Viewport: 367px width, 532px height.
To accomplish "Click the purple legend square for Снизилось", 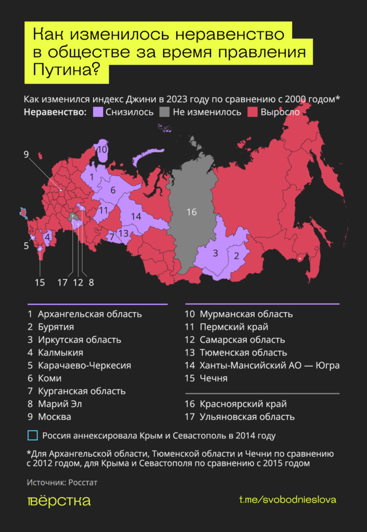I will click(x=97, y=112).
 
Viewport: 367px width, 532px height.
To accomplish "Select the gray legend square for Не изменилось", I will click(x=165, y=112).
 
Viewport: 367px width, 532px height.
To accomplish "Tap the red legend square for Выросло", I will click(x=253, y=112).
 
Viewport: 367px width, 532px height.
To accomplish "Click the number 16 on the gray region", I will click(x=191, y=212).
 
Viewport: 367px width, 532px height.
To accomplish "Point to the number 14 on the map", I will click(x=136, y=216).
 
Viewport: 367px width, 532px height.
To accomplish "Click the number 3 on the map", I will click(x=215, y=254).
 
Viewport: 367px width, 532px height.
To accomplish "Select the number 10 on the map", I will click(x=102, y=150).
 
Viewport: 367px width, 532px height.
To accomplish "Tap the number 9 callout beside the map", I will click(x=27, y=154).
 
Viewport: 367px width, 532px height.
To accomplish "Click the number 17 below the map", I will click(x=62, y=283).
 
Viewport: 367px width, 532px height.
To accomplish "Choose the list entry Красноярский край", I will click(x=242, y=404).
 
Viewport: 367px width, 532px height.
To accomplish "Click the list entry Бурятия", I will click(x=56, y=327).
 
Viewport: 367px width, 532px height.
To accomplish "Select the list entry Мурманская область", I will click(x=245, y=314).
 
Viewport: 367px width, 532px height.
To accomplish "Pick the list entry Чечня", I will click(x=213, y=378).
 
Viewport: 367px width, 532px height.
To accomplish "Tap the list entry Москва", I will click(x=55, y=417).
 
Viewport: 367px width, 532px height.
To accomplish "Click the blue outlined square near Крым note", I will click(x=32, y=435).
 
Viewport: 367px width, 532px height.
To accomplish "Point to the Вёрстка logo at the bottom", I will click(x=59, y=500).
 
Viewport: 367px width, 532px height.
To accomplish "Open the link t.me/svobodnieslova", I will click(x=287, y=500).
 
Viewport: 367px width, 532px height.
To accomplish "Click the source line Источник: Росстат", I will click(x=62, y=483).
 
